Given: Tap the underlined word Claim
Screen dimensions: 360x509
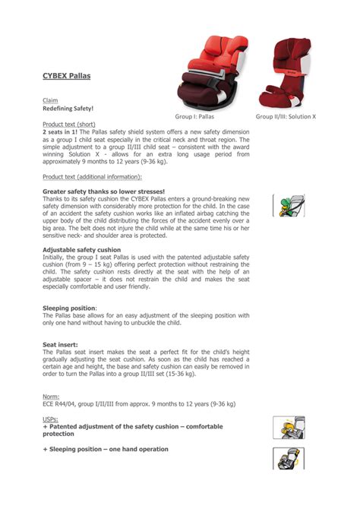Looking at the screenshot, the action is click(x=50, y=100).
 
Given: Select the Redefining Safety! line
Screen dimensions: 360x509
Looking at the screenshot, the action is click(x=68, y=109).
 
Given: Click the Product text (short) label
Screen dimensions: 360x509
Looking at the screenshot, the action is click(x=69, y=123).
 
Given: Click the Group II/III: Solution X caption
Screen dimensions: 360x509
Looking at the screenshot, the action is click(x=286, y=117).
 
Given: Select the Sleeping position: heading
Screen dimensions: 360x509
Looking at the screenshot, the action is click(x=70, y=308).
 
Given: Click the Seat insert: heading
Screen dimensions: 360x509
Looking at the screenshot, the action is click(x=60, y=344).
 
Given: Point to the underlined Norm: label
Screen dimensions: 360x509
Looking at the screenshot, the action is click(x=52, y=396).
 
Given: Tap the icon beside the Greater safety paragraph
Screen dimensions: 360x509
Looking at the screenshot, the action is click(x=289, y=206).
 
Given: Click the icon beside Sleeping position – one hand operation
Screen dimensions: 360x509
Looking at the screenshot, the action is click(x=289, y=458).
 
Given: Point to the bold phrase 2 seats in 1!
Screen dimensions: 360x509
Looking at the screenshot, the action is click(x=65, y=131).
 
